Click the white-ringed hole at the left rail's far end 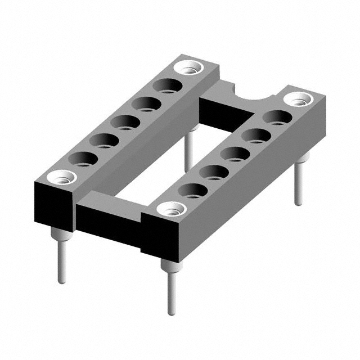(189, 67)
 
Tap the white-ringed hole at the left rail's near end (61, 178)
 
